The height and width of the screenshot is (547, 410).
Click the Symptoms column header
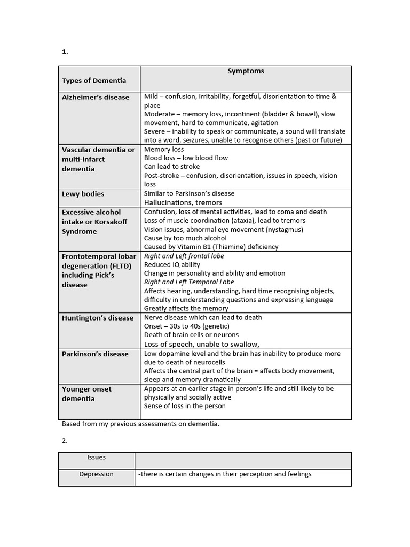[246, 71]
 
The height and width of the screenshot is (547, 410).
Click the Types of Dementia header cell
[94, 81]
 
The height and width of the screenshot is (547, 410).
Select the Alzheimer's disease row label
[96, 97]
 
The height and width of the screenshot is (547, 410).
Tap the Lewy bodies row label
[83, 194]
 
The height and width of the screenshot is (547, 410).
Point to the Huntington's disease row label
[98, 318]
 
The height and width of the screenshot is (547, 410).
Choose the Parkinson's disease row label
[95, 354]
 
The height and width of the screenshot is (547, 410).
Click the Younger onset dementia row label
[86, 394]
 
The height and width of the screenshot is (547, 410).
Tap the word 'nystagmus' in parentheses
[284, 229]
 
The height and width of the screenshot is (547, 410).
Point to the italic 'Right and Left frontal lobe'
[184, 256]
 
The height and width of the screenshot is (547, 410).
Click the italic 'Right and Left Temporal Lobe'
[189, 282]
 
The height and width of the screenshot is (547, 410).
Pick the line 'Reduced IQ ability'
[172, 264]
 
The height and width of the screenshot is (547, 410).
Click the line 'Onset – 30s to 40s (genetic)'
[187, 326]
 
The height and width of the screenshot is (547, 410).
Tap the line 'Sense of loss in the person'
[185, 406]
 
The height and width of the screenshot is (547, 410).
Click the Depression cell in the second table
[96, 474]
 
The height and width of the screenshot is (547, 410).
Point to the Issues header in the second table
[96, 457]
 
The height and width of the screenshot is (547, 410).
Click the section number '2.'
[65, 441]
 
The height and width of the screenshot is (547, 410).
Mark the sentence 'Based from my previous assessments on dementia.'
[140, 424]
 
